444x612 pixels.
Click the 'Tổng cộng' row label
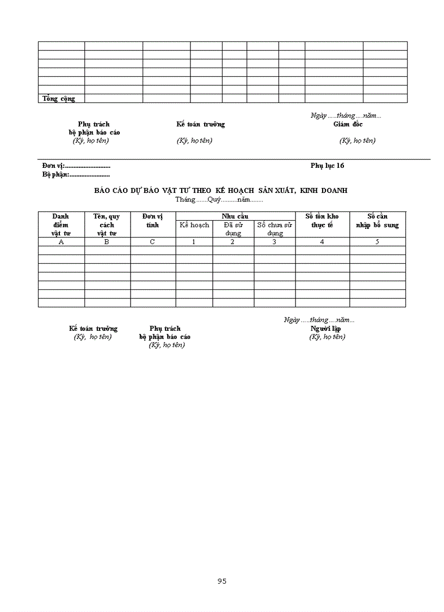pos(59,99)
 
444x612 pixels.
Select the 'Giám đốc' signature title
pos(348,124)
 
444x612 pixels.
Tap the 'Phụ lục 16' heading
pos(328,166)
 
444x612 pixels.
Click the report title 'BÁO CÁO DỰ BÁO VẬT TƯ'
pos(221,190)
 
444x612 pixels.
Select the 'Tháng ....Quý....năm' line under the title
pos(219,199)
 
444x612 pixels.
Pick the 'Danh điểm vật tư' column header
pos(61,225)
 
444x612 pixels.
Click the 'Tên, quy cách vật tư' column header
pos(107,225)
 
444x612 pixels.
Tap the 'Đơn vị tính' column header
pos(153,221)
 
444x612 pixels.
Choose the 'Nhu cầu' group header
pos(235,216)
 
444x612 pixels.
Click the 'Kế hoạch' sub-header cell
pos(194,225)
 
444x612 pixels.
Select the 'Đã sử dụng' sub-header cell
pos(233,229)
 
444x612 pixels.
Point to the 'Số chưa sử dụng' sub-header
pos(275,229)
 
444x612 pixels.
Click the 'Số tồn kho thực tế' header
pos(322,221)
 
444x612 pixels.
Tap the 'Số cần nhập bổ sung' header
pos(378,221)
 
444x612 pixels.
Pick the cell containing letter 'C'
pos(153,242)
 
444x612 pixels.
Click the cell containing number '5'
pos(377,242)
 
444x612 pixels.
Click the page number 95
pos(221,581)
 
